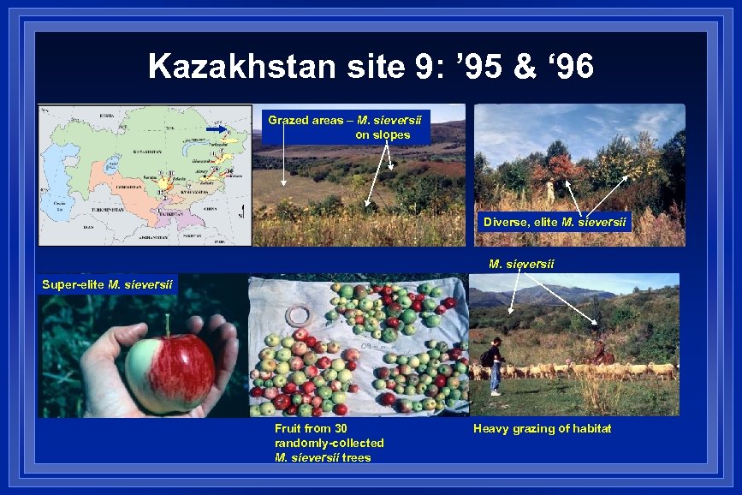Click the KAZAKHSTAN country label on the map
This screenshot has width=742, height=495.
[x=124, y=151]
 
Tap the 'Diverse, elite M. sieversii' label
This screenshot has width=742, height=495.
[x=555, y=223]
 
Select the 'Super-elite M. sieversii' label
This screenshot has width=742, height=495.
[x=108, y=284]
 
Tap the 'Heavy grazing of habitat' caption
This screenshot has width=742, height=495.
[x=542, y=428]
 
